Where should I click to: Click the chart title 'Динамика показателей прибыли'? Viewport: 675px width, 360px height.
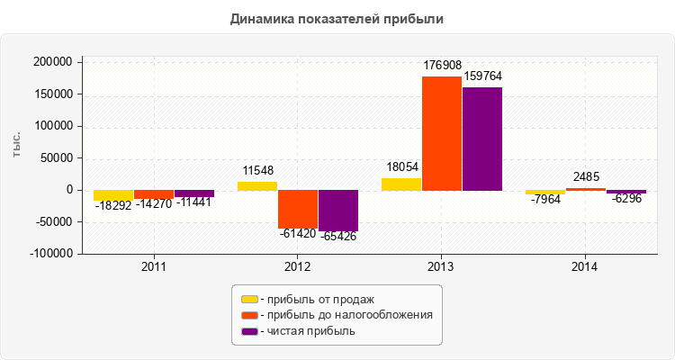[x=337, y=18]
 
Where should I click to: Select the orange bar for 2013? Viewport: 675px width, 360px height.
[x=441, y=133]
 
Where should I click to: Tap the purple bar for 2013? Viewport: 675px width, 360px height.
[x=482, y=139]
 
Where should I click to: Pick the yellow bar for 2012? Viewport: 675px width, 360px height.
[x=257, y=185]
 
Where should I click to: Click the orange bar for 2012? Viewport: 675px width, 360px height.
[x=297, y=209]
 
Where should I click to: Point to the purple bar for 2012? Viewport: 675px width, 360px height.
[x=338, y=211]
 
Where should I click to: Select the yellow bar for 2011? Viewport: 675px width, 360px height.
[x=113, y=195]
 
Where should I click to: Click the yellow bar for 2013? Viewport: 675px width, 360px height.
[x=401, y=184]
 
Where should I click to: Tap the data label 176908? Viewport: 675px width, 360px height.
[x=441, y=65]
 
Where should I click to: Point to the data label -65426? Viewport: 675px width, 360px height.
[x=338, y=237]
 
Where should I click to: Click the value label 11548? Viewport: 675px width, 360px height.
[x=257, y=170]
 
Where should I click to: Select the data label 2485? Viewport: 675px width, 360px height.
[x=586, y=176]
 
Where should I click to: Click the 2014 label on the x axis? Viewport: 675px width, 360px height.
[x=585, y=267]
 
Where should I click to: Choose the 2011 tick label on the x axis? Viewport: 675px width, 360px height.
[x=154, y=267]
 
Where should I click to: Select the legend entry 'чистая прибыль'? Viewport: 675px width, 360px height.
[x=307, y=331]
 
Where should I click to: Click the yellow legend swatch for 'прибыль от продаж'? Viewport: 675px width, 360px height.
[x=249, y=299]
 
